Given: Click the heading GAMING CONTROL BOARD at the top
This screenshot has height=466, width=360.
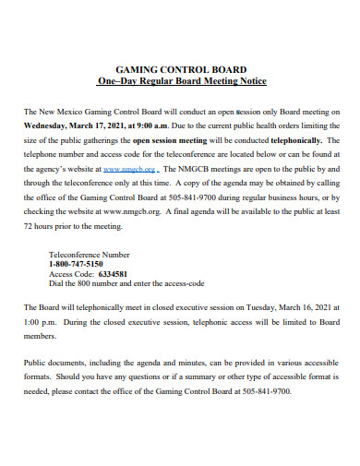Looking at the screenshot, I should click(180, 68).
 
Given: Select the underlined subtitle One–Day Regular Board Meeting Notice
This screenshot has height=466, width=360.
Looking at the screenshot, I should click(180, 81).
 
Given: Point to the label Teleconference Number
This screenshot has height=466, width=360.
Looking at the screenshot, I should click(89, 254).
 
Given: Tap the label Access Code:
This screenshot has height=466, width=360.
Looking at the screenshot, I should click(71, 274).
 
